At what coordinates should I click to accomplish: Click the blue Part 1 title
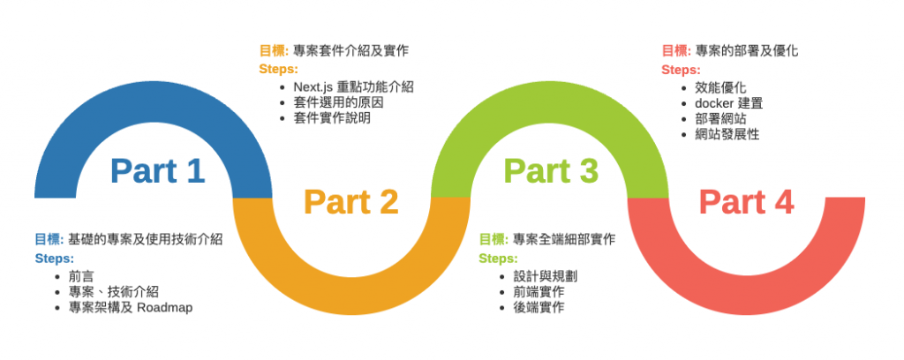tap(158, 170)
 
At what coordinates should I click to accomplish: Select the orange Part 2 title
tap(351, 202)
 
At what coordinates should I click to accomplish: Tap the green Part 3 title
tap(551, 170)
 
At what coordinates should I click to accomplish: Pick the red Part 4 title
tap(746, 202)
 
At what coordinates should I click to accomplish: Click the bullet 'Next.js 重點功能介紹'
tap(353, 87)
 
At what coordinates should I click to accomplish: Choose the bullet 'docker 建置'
tap(727, 103)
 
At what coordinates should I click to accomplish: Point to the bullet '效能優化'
tap(720, 87)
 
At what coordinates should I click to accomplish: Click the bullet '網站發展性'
tap(727, 135)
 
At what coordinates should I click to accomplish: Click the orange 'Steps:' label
tap(278, 69)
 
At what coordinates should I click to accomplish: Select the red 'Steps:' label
tap(681, 69)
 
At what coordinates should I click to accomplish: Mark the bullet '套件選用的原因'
tap(338, 102)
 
